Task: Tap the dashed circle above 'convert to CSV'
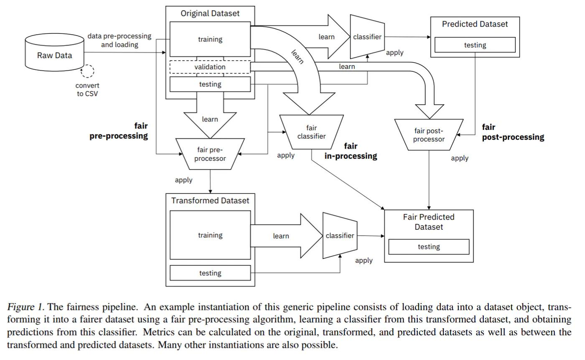click(87, 71)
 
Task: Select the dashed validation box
click(210, 67)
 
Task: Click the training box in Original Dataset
click(210, 39)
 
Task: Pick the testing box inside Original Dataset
click(210, 84)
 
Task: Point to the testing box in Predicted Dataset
click(475, 45)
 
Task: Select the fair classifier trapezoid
click(311, 132)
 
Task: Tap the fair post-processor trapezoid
click(429, 134)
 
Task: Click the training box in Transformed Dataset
click(210, 235)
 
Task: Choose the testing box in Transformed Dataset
click(210, 273)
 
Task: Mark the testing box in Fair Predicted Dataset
click(429, 247)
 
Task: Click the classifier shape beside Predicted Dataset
click(367, 37)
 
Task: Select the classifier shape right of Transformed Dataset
click(339, 236)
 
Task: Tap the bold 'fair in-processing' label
click(351, 151)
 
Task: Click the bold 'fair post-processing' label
click(513, 132)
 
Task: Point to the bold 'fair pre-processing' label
click(119, 131)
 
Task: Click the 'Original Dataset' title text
click(210, 13)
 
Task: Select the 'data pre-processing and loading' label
click(120, 40)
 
